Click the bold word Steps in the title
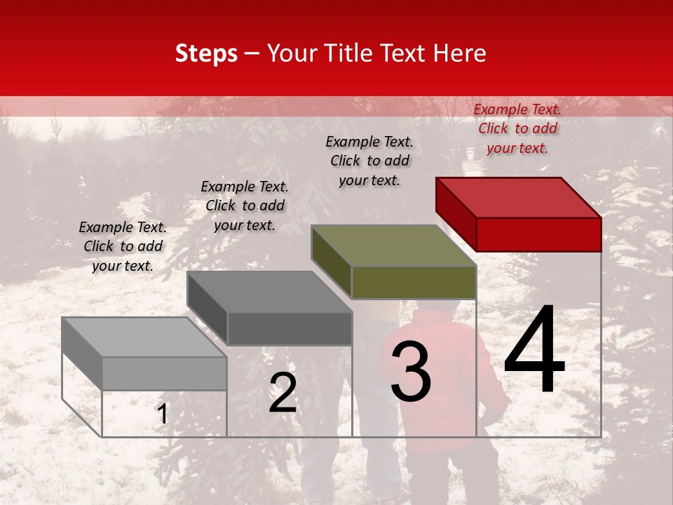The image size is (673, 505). coord(206,53)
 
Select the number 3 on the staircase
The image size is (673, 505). coord(410,372)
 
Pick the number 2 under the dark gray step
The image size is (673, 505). coord(283,392)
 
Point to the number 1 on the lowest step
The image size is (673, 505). coord(163,414)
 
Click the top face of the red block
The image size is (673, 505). coord(518,197)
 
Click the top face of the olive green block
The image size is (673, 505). coord(393,245)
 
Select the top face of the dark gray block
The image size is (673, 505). coord(269,292)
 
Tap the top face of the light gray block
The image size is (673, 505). coord(144,337)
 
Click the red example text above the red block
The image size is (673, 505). coord(517,128)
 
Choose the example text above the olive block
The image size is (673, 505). coord(369,161)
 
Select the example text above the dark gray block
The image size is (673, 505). coord(245,206)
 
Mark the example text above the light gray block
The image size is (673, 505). coord(123,246)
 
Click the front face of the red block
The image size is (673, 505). coord(538,234)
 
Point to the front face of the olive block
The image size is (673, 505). coord(414,282)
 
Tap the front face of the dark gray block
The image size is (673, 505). coord(289,328)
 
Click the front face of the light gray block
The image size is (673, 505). coord(164,373)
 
